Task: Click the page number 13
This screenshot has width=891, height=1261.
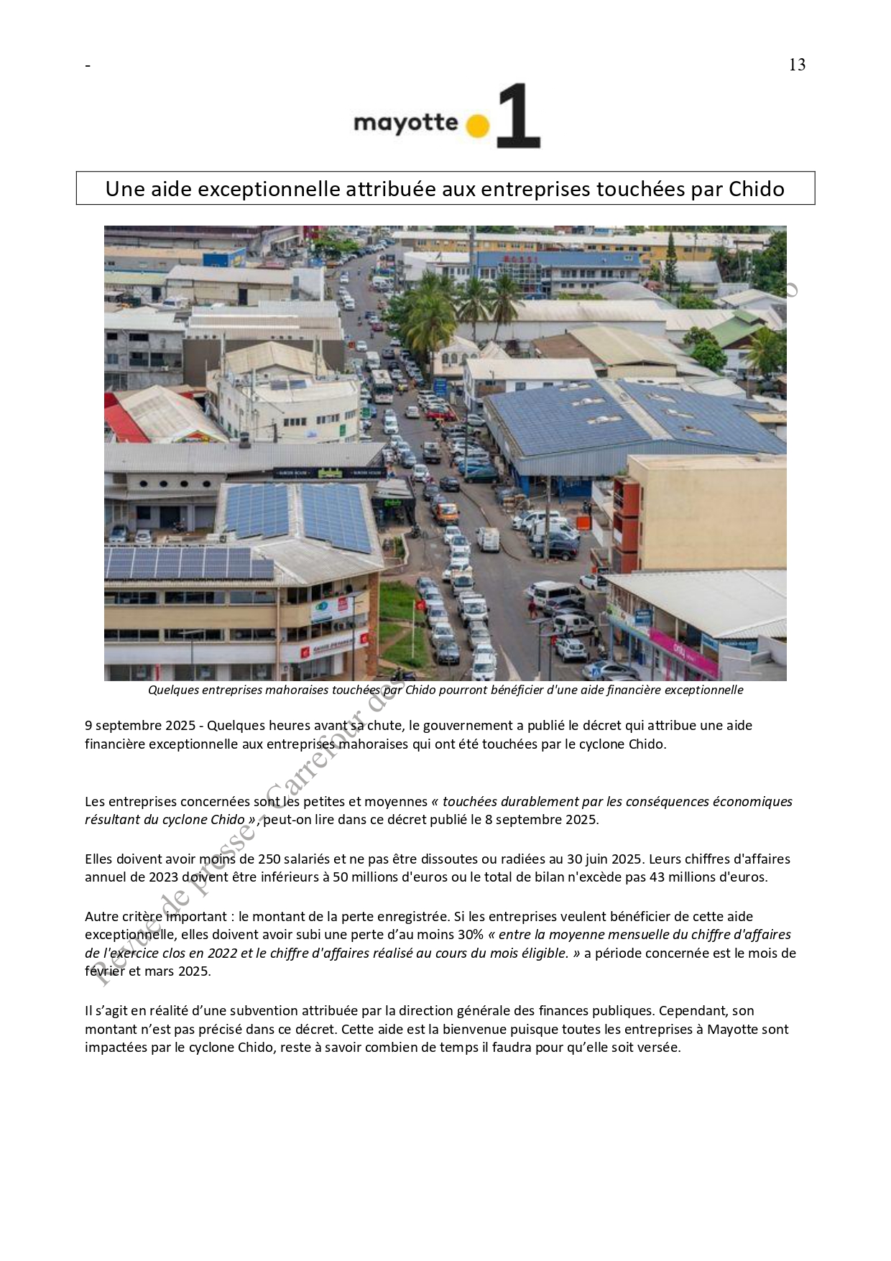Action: tap(797, 65)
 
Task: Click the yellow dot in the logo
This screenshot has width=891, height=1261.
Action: tap(477, 126)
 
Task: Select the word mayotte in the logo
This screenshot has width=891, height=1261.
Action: tap(405, 123)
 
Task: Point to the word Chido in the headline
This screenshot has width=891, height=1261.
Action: tap(756, 189)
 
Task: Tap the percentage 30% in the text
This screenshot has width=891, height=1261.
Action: tap(471, 935)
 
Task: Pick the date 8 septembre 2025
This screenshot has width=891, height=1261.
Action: tap(541, 820)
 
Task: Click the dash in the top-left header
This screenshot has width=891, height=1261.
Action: tap(88, 66)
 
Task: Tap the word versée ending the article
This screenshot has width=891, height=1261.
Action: tap(660, 1048)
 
